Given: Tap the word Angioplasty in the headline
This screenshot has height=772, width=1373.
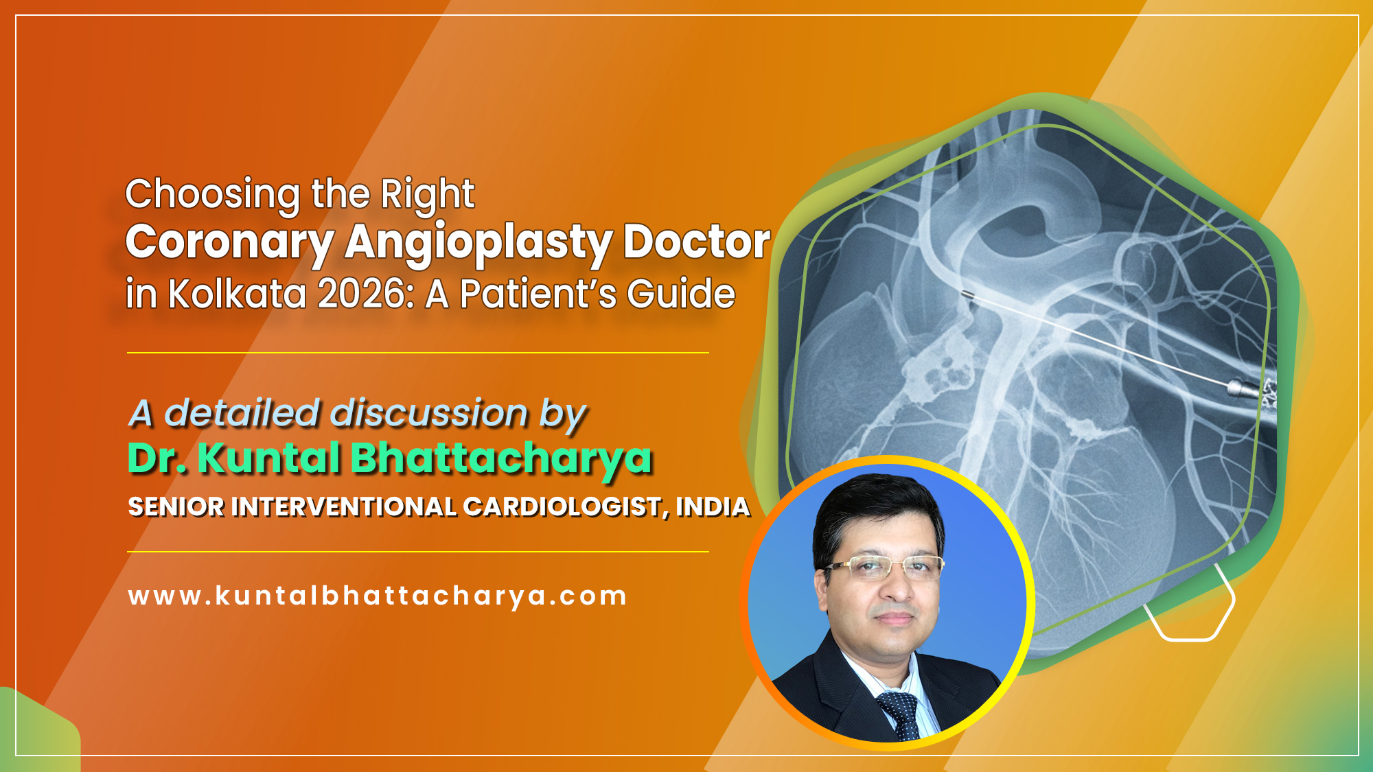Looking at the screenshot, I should tap(478, 243).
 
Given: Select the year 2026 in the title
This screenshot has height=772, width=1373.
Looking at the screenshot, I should tap(362, 294).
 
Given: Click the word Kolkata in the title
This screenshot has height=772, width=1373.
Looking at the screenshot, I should tap(237, 294).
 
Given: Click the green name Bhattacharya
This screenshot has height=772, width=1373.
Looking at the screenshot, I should tap(501, 458).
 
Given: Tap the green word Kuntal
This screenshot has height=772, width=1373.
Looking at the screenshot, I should tap(268, 458).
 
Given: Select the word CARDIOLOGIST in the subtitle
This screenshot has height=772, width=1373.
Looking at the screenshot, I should tap(562, 507).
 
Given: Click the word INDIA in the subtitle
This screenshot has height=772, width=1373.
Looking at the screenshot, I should tap(713, 507).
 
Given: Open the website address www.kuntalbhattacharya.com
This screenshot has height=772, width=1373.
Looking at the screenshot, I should tap(378, 596).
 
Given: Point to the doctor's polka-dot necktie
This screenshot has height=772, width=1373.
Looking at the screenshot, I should tap(901, 714).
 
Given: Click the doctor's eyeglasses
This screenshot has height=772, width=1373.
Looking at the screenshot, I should tap(884, 568).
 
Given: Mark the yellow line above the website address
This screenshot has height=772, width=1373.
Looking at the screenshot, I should tap(417, 551).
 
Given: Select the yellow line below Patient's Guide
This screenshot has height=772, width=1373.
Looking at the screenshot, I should tap(417, 353).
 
